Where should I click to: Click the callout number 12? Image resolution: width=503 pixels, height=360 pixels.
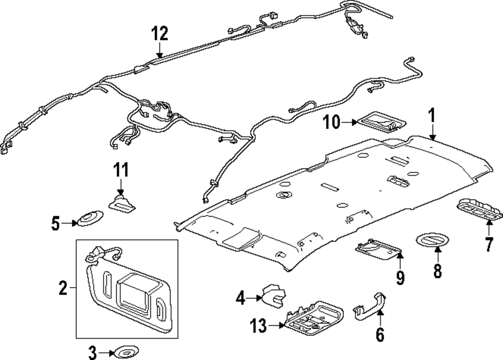(159, 34)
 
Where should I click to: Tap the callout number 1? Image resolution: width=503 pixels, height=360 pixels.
(431, 117)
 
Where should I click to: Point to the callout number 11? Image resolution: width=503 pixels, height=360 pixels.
(120, 169)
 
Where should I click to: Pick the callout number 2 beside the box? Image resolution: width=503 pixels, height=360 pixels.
(63, 288)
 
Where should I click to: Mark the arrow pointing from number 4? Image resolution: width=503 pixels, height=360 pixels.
(254, 299)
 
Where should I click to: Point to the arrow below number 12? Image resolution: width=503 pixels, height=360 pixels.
(159, 50)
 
